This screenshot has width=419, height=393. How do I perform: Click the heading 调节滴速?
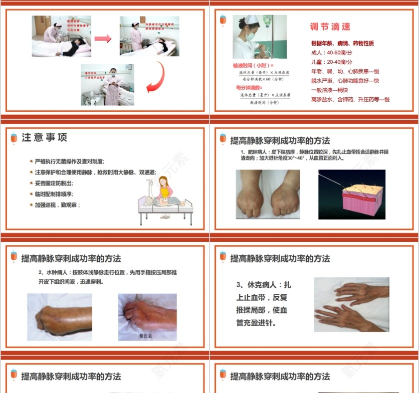pos(330,27)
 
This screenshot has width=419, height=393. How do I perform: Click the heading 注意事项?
pos(45,138)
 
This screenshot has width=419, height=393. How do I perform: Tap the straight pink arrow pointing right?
pos(102,38)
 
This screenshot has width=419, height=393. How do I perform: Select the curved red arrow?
pos(156,77)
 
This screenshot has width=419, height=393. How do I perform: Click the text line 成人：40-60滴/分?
pos(332,53)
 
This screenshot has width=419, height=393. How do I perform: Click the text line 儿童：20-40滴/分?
pos(332,62)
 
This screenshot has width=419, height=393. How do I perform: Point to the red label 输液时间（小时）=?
pos(253,65)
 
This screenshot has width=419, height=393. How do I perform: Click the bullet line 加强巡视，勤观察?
pos(57,205)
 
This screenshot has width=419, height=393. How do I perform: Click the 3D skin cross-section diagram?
pos(352,195)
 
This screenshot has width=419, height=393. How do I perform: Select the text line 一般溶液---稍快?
pos(329,90)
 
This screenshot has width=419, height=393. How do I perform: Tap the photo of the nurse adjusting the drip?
pos(252,37)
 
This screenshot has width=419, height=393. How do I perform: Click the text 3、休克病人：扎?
pos(263,285)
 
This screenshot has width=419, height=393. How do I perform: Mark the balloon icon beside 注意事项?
pos(13,138)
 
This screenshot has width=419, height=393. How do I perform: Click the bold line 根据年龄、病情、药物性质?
pos(342,43)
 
